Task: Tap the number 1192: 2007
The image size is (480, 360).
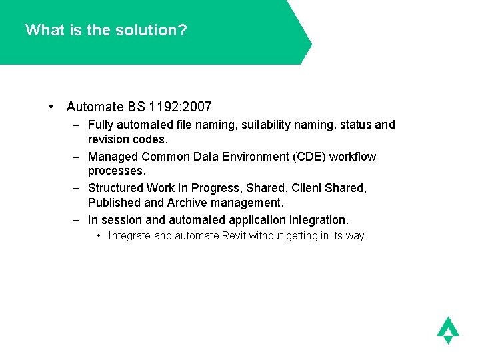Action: point(181,107)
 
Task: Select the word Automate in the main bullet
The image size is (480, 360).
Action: point(95,107)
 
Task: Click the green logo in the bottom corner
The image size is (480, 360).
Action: point(448,329)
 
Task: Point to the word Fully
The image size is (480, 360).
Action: point(101,125)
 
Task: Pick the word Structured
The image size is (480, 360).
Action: point(115,189)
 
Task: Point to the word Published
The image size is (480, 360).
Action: point(115,202)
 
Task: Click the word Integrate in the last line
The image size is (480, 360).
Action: point(129,235)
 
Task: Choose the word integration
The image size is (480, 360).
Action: point(317,220)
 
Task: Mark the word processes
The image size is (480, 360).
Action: point(116,171)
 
